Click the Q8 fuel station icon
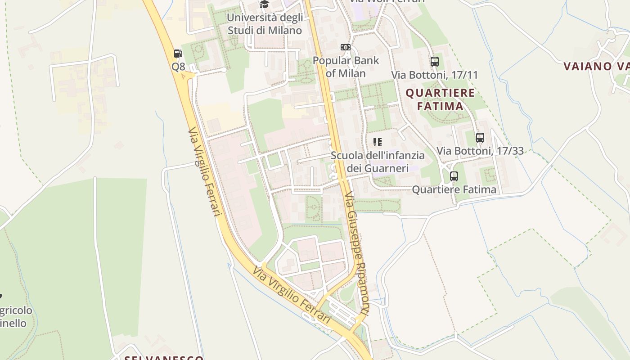pyautogui.click(x=178, y=54)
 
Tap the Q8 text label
pyautogui.click(x=178, y=67)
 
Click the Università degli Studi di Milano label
pyautogui.click(x=265, y=24)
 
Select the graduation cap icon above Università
pyautogui.click(x=264, y=4)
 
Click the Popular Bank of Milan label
pyautogui.click(x=346, y=67)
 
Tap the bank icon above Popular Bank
pyautogui.click(x=345, y=47)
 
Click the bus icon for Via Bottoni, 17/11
pyautogui.click(x=434, y=62)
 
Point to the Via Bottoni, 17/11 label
pyautogui.click(x=434, y=75)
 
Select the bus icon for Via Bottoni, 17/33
pyautogui.click(x=480, y=138)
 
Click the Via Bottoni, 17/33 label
pyautogui.click(x=480, y=151)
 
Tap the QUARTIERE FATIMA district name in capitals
pyautogui.click(x=440, y=99)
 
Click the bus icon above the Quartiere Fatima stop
pyautogui.click(x=454, y=176)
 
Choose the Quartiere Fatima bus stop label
pyautogui.click(x=454, y=189)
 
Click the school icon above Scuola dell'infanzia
pyautogui.click(x=378, y=142)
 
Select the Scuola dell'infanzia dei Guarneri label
pyautogui.click(x=378, y=162)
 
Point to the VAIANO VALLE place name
pyautogui.click(x=596, y=67)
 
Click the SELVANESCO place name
pyautogui.click(x=164, y=357)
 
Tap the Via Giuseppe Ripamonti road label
pyautogui.click(x=357, y=254)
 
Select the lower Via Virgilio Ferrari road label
pyautogui.click(x=292, y=296)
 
